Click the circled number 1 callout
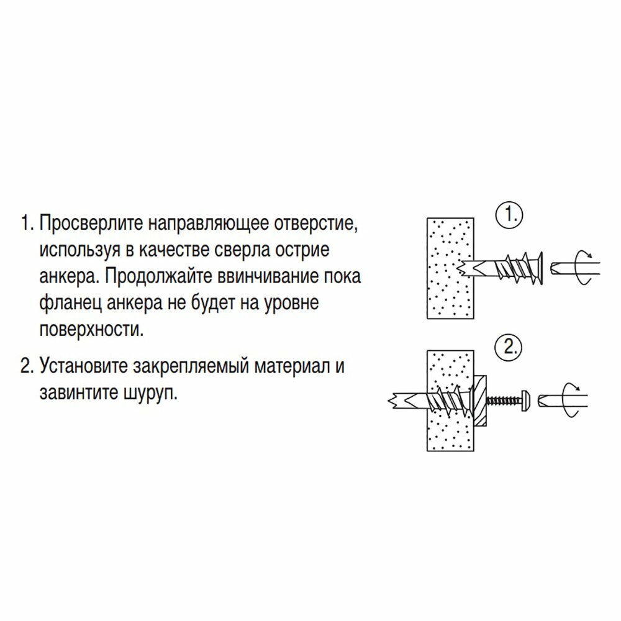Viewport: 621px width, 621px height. click(x=509, y=217)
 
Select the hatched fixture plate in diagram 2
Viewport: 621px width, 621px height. click(x=480, y=399)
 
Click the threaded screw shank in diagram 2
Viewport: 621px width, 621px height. click(x=503, y=399)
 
